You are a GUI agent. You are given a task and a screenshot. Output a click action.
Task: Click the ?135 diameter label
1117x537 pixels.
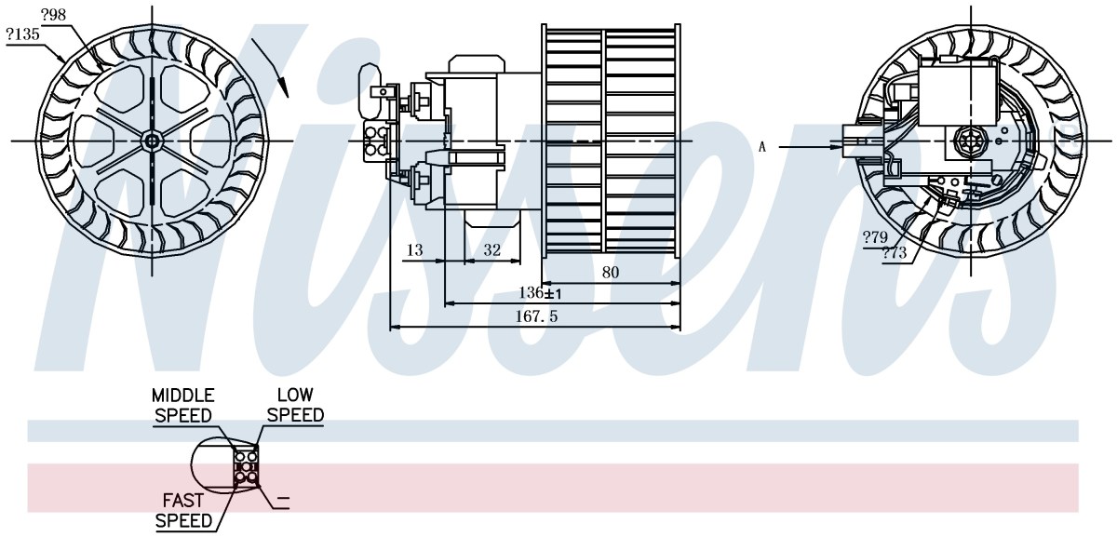click(22, 34)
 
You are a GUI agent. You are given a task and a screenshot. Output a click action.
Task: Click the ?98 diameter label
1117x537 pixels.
click(53, 15)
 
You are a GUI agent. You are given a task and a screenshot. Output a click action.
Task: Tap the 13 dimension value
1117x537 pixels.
click(414, 249)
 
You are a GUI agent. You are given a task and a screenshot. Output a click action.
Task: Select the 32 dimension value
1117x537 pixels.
click(491, 249)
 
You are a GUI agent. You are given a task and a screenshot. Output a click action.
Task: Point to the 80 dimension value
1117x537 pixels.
click(611, 273)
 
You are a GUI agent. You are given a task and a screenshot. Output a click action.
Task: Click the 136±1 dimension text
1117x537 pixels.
click(540, 292)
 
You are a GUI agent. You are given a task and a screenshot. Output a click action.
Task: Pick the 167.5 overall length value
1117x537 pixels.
click(536, 316)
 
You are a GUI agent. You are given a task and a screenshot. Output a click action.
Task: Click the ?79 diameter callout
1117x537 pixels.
click(875, 237)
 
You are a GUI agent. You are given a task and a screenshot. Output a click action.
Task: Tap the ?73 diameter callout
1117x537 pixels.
click(895, 253)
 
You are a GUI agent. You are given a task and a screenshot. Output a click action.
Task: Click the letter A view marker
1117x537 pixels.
click(762, 147)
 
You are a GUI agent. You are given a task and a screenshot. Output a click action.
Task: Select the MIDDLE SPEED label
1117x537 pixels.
click(183, 406)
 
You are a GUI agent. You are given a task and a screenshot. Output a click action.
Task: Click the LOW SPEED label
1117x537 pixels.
click(296, 405)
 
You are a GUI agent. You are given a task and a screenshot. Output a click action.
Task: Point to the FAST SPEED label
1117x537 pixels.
click(183, 510)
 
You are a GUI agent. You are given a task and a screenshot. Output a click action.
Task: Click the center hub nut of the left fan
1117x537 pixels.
click(151, 141)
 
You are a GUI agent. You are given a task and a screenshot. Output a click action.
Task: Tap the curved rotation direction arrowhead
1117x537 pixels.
click(284, 87)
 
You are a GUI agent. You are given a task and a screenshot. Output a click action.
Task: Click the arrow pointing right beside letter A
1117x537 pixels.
click(811, 147)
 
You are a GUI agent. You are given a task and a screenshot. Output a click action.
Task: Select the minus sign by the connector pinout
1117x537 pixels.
click(283, 498)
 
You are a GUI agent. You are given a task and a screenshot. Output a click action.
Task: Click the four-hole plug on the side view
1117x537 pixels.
click(376, 141)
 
